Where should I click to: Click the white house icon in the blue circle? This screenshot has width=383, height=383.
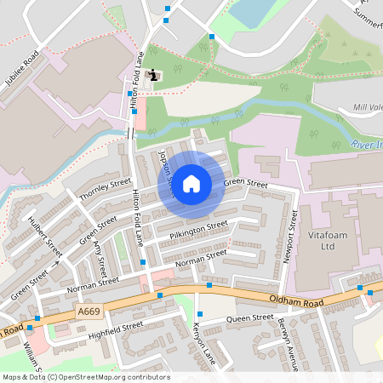click(191, 183)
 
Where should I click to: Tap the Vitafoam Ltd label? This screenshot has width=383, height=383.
click(316, 241)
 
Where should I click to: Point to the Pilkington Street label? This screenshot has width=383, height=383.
click(199, 230)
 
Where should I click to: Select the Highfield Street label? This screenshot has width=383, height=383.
click(115, 327)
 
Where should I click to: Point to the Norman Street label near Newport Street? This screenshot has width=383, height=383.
click(201, 258)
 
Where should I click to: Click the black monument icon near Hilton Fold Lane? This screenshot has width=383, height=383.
click(153, 76)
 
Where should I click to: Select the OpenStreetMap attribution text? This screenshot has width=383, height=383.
click(85, 376)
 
